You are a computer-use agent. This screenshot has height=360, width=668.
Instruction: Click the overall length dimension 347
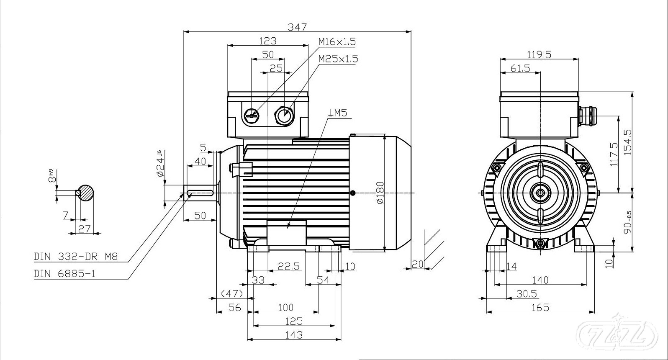tap(298, 27)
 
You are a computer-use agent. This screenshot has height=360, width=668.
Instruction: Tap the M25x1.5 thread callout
tap(338, 59)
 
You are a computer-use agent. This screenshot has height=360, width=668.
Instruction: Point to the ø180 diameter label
tap(380, 193)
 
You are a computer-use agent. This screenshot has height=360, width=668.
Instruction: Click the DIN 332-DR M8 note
tap(76, 257)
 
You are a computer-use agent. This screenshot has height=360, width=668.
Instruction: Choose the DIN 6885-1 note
tap(65, 274)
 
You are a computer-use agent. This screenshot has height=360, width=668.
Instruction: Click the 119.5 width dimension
tap(539, 54)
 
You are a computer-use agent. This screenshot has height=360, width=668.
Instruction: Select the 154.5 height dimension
tap(628, 142)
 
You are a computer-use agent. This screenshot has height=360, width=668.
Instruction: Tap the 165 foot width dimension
tap(540, 308)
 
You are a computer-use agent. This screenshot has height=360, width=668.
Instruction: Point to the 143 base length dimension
tap(293, 334)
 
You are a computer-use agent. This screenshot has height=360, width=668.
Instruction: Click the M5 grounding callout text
tap(338, 112)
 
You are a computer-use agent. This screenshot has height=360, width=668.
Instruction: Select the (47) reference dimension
tap(232, 293)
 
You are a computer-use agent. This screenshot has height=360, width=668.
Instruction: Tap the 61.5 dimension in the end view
tap(520, 68)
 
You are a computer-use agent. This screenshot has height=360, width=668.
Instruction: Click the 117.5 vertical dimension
tap(614, 154)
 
